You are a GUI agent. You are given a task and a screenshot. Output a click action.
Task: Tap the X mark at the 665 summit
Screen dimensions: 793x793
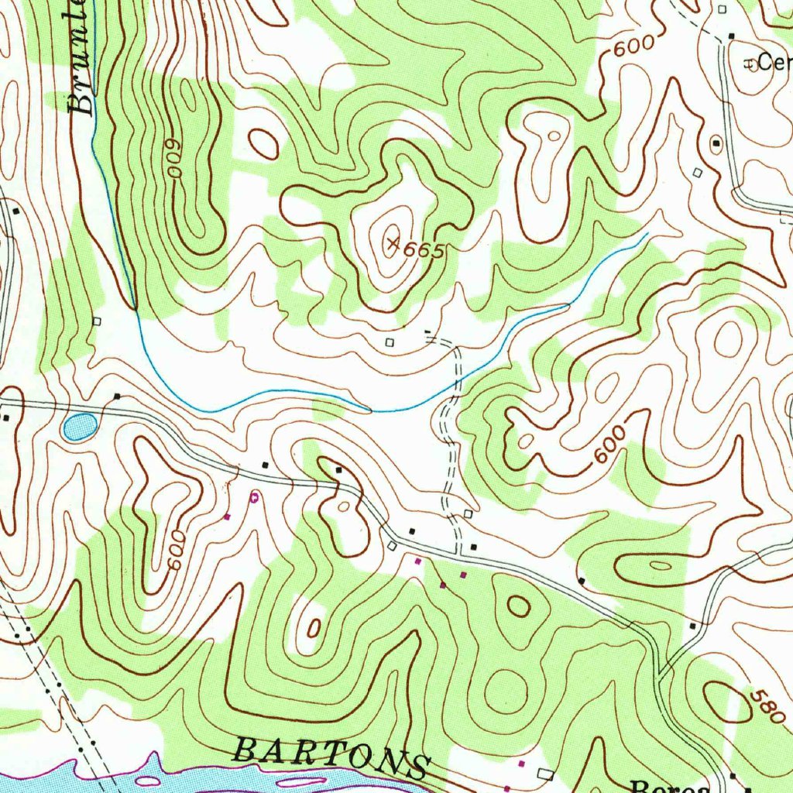393,245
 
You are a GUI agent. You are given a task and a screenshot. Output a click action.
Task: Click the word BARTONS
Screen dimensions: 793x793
331,757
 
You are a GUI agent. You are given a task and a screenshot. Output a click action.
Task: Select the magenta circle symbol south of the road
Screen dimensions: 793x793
254,498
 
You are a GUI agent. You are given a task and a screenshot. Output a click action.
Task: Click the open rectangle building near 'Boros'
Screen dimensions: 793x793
545,774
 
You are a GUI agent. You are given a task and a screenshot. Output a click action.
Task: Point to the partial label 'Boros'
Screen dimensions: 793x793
669,785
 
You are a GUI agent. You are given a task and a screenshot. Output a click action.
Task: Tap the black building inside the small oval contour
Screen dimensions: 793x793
338,469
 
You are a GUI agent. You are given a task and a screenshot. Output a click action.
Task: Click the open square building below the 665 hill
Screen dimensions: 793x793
390,341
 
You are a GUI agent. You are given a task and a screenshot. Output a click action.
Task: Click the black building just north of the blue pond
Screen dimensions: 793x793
117,396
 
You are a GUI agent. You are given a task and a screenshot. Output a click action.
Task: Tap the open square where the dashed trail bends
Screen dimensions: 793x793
468,514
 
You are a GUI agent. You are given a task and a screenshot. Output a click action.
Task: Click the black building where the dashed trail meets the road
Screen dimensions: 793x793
473,547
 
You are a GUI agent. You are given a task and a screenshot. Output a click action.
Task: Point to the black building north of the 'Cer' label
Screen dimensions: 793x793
732,36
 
